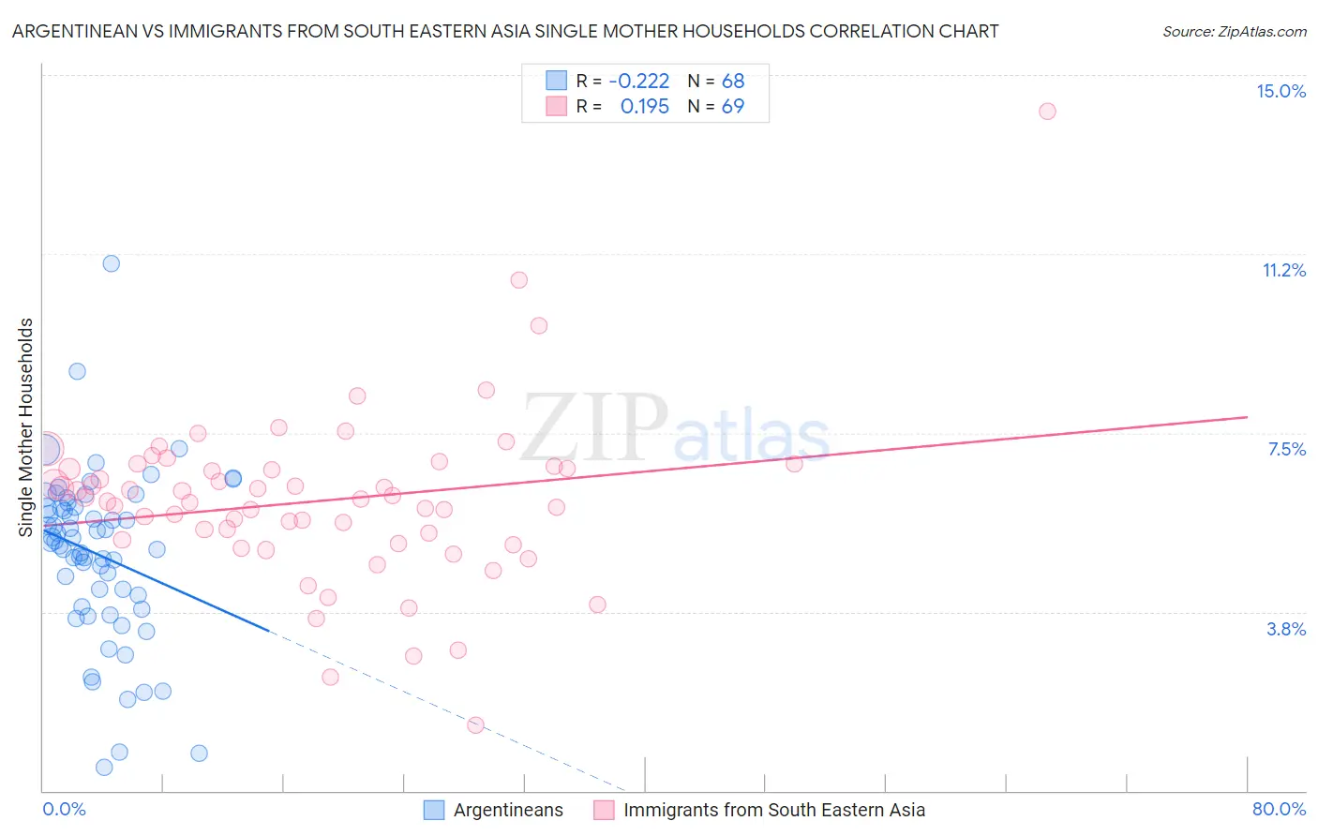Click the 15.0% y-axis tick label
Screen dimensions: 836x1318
coord(1281,91)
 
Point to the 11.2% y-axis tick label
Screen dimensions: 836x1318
coord(1283,270)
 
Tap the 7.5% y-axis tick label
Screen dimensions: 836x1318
coord(1286,449)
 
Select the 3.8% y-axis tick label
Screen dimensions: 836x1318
coord(1286,629)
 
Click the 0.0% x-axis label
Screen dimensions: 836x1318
coord(64,809)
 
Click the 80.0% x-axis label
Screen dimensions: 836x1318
coord(1279,809)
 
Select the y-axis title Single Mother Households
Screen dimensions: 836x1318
coord(25,427)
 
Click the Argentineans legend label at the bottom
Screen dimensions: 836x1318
coord(508,810)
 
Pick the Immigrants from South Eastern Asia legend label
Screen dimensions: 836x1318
coord(773,810)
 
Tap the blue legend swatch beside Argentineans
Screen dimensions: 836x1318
coord(434,810)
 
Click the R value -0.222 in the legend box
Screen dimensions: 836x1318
coord(638,81)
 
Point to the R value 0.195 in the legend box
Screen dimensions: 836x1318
coord(644,106)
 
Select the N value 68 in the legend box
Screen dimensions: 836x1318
coord(732,81)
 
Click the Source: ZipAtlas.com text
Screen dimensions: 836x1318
coord(1234,31)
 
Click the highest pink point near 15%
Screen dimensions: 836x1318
coord(1047,112)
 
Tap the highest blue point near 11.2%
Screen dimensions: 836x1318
coord(111,263)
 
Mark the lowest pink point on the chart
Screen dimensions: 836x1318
coord(475,724)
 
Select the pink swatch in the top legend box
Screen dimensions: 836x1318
coord(557,106)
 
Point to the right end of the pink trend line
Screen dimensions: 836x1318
coord(1247,416)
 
